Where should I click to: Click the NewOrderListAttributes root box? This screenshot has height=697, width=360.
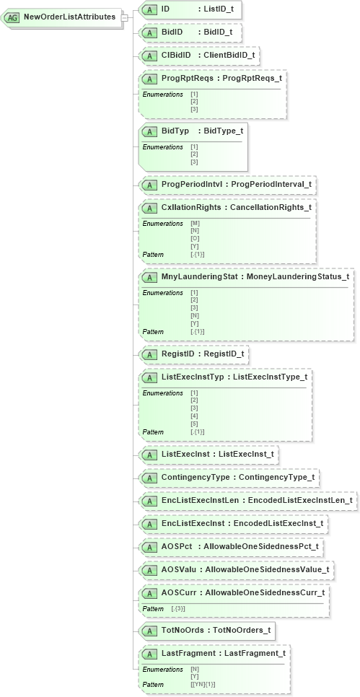[69, 17]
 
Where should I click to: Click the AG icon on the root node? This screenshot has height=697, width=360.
[13, 17]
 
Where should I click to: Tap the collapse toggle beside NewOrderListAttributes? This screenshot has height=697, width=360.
[124, 17]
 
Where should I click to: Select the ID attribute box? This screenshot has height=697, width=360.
[190, 9]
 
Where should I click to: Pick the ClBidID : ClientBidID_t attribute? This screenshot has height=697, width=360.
[199, 55]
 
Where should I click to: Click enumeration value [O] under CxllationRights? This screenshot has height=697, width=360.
[195, 238]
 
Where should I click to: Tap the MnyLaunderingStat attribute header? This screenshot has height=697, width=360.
[245, 276]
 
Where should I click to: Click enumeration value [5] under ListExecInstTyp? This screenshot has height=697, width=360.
[194, 424]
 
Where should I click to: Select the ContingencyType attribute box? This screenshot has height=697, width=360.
[229, 478]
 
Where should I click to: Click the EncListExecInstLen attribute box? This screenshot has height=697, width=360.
[247, 500]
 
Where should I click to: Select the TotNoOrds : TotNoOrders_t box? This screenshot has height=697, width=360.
[207, 630]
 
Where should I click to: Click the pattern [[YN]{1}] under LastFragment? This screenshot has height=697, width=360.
[203, 684]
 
